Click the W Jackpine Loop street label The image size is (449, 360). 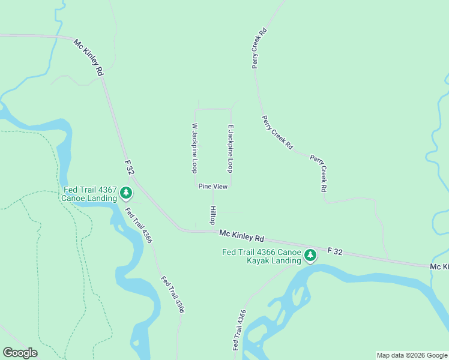(194, 148)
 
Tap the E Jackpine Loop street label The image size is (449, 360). (229, 148)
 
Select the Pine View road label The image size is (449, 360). (213, 187)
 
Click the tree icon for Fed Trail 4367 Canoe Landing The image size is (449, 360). (126, 193)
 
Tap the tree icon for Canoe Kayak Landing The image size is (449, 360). (310, 256)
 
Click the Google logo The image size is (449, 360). (20, 353)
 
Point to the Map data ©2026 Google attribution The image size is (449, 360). (412, 355)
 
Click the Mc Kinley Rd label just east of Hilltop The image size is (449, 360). (242, 234)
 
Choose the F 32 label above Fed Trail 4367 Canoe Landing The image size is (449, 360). (129, 167)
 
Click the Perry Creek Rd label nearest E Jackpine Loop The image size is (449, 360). (277, 133)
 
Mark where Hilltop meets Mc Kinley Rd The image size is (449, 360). (212, 230)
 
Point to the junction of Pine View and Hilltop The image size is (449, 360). (213, 191)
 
